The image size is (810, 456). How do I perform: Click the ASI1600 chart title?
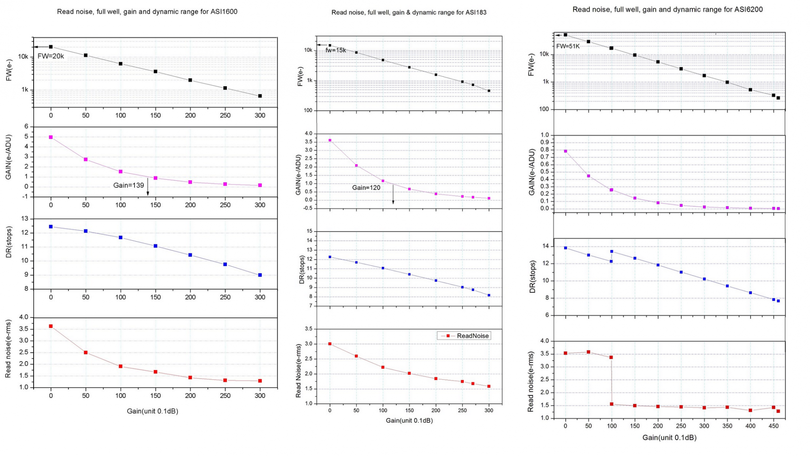[x=147, y=12]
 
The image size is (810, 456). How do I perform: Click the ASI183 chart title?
[x=409, y=13]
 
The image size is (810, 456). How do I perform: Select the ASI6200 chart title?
[x=667, y=10]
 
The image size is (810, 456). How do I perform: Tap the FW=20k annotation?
[x=51, y=56]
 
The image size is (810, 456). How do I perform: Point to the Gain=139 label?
[x=128, y=185]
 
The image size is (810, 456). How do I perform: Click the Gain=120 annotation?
[x=366, y=188]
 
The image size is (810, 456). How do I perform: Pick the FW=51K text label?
[x=568, y=46]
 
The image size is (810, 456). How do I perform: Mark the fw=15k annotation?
[x=336, y=50]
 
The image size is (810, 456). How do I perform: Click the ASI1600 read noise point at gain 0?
[x=51, y=326]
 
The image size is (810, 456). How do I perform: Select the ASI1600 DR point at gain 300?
[x=260, y=275]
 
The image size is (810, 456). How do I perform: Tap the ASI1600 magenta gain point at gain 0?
[x=51, y=137]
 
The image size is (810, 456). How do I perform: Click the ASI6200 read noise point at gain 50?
[x=588, y=352]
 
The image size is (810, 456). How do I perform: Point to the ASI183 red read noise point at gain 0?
[x=330, y=344]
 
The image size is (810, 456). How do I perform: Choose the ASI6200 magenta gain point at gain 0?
[x=565, y=151]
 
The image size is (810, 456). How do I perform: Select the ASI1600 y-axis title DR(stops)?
[x=9, y=242]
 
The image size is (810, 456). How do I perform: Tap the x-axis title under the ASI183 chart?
[x=409, y=420]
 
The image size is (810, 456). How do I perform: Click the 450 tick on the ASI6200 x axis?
[x=773, y=426]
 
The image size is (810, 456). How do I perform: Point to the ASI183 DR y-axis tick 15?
[x=309, y=231]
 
